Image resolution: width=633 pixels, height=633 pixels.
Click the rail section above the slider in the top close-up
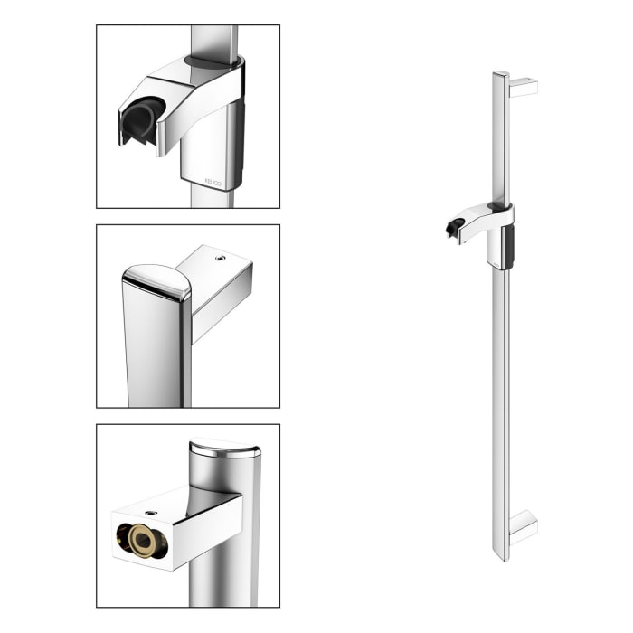(x=214, y=40)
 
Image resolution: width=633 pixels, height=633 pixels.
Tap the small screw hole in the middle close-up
(x=219, y=258)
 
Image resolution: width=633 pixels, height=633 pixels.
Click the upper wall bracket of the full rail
(x=524, y=87)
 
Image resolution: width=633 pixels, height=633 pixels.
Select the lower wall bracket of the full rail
(x=524, y=529)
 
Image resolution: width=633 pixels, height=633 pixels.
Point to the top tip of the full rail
(x=500, y=73)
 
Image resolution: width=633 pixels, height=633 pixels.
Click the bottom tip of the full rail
(x=500, y=558)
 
